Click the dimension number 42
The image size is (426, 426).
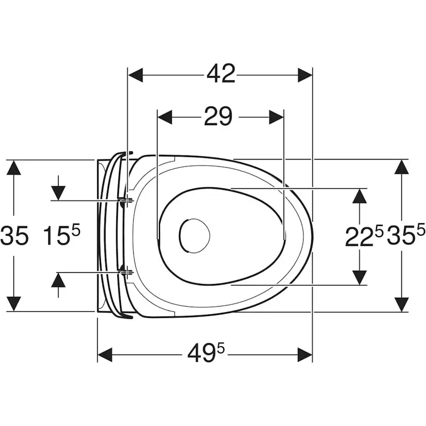coord(221,74)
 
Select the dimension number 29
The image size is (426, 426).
coord(218,116)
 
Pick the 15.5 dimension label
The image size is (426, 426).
coord(62,235)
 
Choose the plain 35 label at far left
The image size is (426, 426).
coord(14,235)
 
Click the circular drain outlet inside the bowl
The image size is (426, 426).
coord(195,236)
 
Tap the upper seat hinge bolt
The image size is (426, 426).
coord(125,201)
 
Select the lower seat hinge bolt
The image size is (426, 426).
coord(125,272)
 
